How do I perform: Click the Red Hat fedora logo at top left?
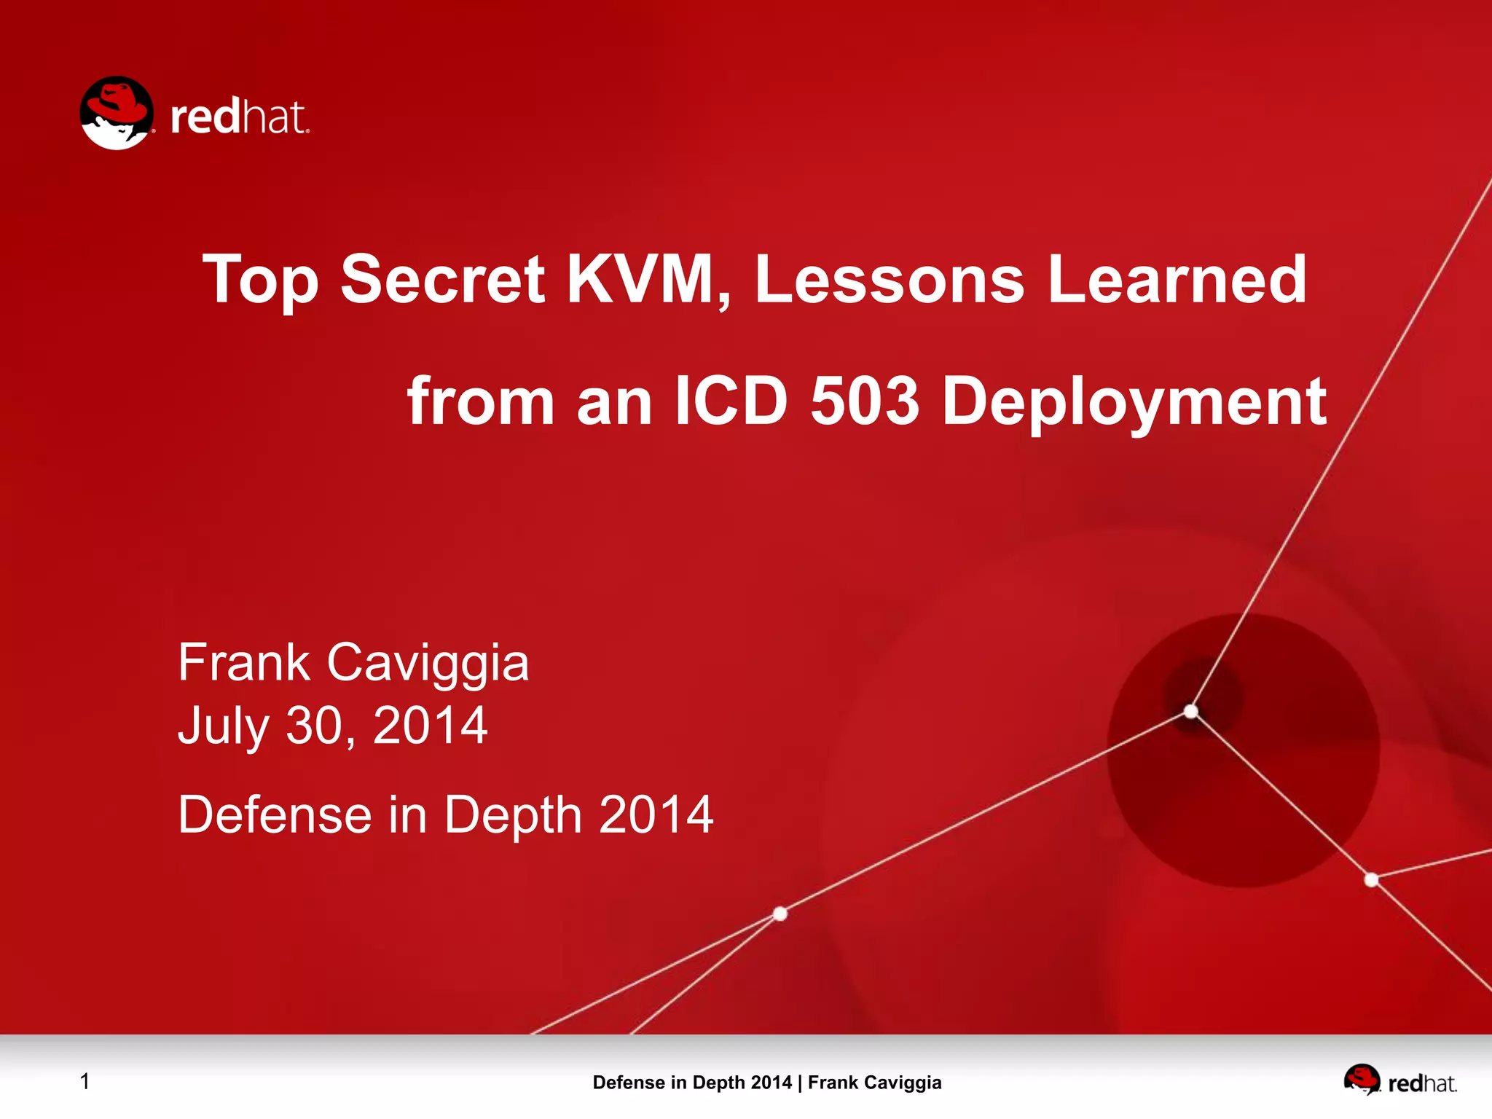117,113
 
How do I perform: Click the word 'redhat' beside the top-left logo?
240,118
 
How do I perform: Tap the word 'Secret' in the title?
442,279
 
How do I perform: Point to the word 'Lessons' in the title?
890,279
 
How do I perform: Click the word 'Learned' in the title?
1177,279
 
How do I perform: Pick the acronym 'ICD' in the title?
731,401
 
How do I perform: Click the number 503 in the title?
865,401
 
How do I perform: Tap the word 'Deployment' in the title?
1134,402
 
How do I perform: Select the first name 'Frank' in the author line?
244,663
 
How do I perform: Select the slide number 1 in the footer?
85,1082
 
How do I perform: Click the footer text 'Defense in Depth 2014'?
691,1083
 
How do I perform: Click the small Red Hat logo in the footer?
1362,1080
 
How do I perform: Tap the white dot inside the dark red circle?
1191,711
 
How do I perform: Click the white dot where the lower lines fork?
780,914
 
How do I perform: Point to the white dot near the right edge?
1371,880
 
